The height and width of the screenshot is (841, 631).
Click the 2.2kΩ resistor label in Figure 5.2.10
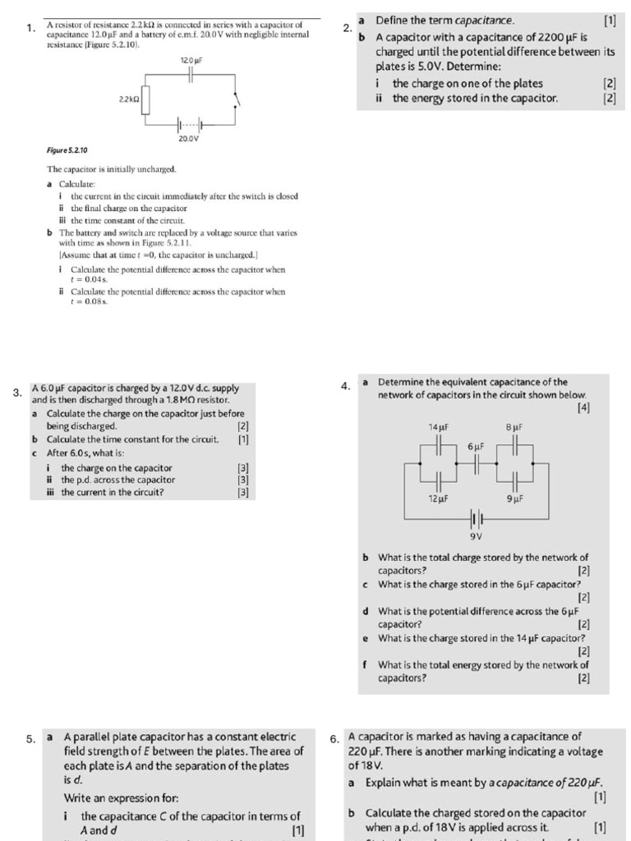click(129, 99)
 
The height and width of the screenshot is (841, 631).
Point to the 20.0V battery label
click(188, 139)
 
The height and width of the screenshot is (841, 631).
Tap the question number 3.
click(17, 393)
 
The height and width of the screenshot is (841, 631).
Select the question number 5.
click(30, 738)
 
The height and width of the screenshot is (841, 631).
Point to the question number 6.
click(334, 738)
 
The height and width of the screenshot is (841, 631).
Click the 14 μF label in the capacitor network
click(438, 428)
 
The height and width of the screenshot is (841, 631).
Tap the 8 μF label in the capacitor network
click(514, 428)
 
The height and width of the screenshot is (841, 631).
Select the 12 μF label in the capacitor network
click(438, 499)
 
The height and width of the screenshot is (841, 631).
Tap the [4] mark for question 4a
click(583, 408)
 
